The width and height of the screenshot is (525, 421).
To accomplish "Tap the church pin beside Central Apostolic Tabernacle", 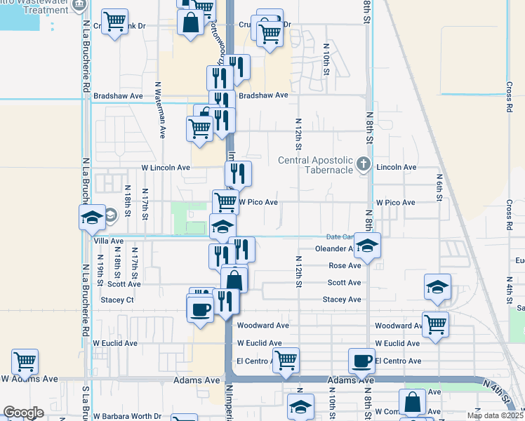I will click(363, 165).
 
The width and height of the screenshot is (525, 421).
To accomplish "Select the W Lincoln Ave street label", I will click(166, 168).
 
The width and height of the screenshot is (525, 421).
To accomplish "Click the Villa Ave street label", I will click(108, 241).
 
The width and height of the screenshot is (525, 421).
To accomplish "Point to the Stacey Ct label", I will click(117, 300).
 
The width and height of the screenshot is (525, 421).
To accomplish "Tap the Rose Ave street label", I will click(345, 266).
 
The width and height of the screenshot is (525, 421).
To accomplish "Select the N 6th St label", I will click(439, 187).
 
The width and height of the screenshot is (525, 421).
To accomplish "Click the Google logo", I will click(24, 413).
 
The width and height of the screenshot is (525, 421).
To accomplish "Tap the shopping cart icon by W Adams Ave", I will click(25, 361).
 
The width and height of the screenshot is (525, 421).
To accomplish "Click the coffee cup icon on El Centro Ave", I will click(362, 361).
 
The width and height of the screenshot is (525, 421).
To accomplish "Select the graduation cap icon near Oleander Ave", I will click(367, 246).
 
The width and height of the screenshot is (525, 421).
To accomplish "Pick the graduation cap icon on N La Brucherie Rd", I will click(92, 218).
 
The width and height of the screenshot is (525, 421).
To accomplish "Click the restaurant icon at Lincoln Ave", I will click(238, 173).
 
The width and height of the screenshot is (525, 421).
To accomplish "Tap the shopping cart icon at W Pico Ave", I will click(225, 202).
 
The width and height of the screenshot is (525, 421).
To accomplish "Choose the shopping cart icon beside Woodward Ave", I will click(436, 323).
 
